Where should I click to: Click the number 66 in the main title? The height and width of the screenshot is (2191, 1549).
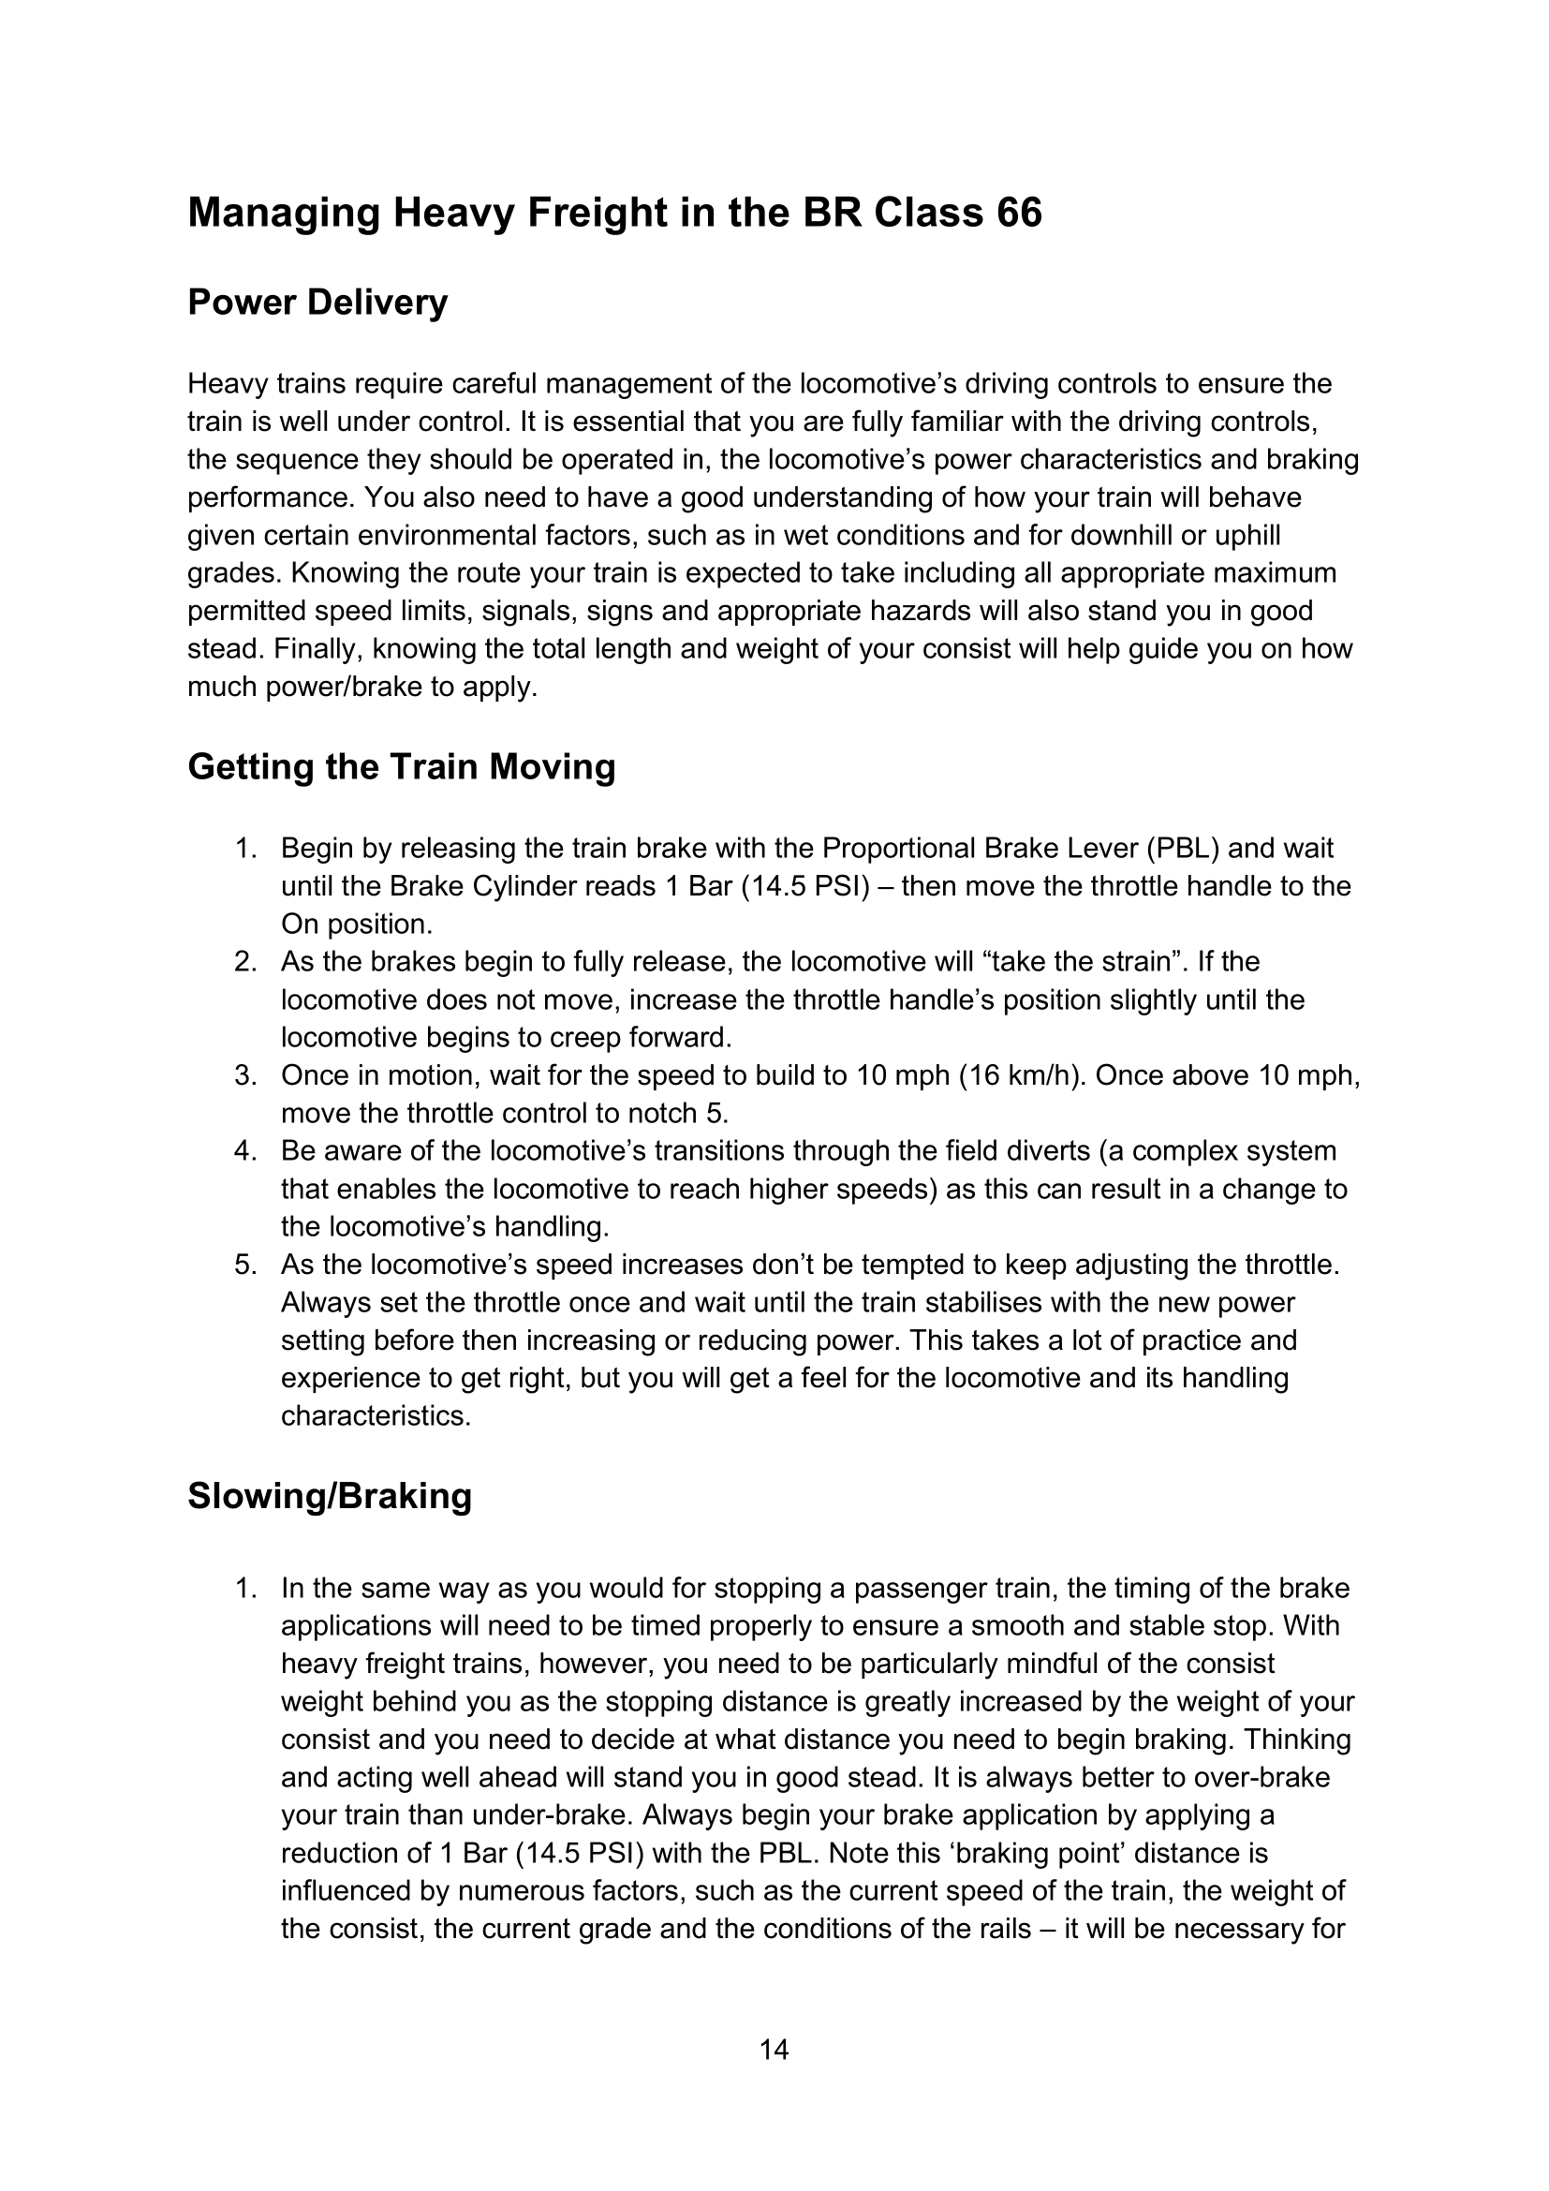(1019, 212)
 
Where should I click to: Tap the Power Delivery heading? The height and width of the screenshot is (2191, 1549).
(317, 303)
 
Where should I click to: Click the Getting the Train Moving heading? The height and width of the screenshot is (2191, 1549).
(401, 767)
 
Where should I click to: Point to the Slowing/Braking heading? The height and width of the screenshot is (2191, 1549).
(329, 1496)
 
